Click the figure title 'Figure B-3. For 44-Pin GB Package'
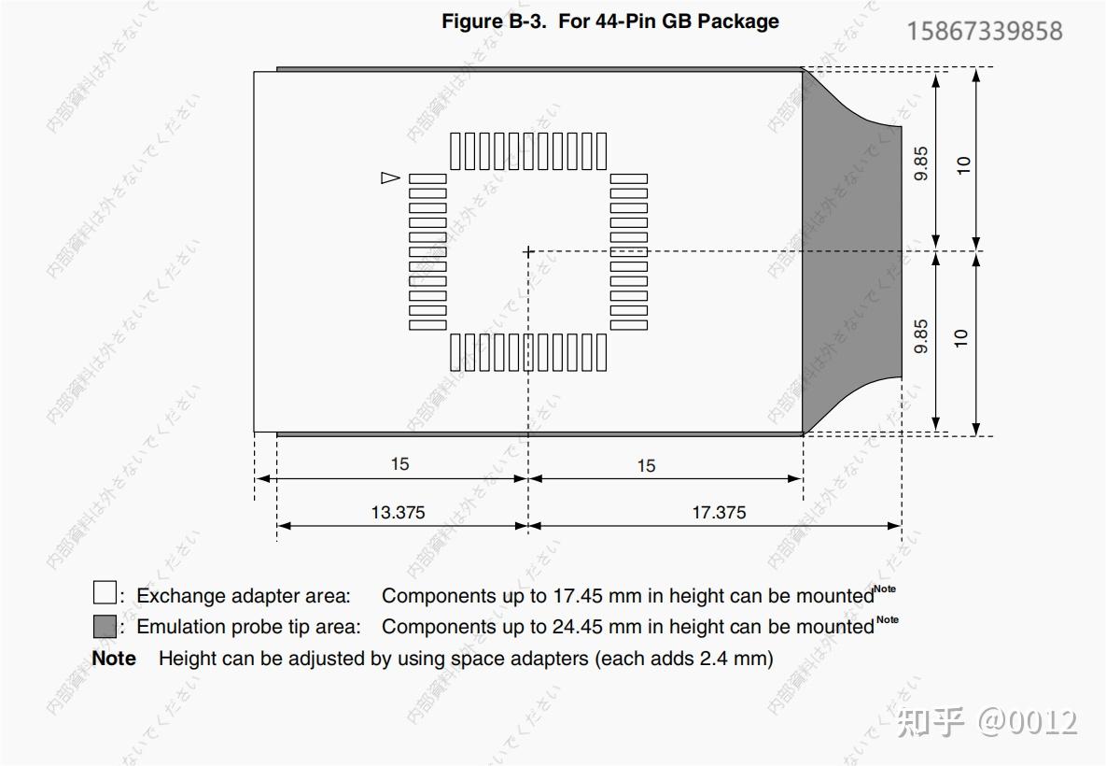[610, 21]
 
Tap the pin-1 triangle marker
[390, 177]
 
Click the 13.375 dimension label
[398, 513]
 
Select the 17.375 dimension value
[719, 513]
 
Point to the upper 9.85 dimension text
[921, 163]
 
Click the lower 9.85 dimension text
[921, 336]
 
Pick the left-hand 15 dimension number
[400, 464]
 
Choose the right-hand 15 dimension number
[646, 466]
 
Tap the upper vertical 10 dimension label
[963, 165]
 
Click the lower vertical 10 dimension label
[961, 338]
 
